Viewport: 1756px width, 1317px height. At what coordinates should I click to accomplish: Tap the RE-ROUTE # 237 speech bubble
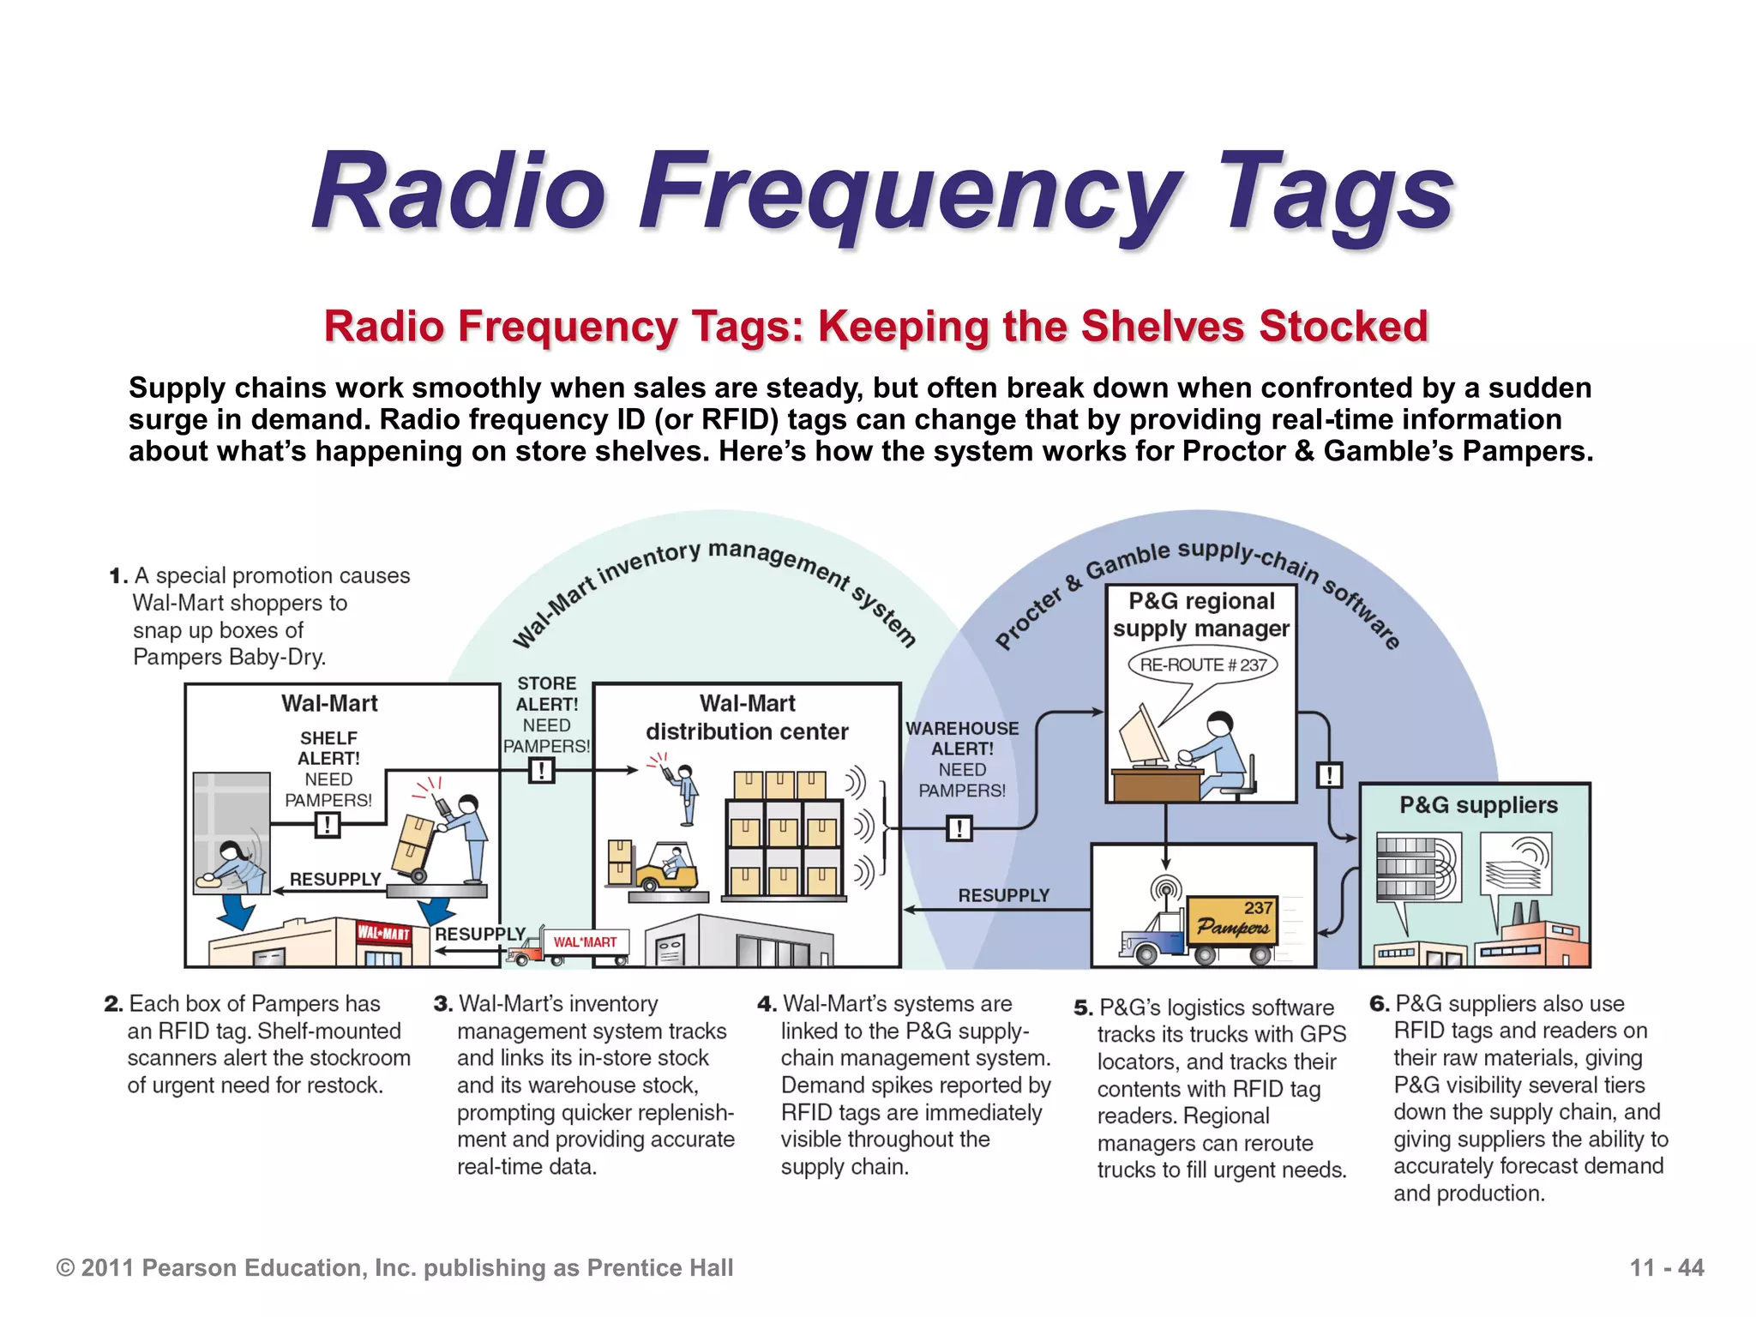pos(1203,665)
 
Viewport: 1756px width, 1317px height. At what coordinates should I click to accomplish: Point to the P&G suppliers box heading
pos(1478,805)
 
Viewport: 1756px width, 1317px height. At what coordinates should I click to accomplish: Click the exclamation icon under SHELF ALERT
pos(328,826)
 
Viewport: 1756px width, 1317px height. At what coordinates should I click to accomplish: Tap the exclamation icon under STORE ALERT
pos(542,771)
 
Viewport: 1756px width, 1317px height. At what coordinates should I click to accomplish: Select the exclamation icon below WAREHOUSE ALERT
pos(959,828)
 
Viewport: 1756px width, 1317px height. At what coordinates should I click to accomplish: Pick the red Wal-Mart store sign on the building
pos(383,933)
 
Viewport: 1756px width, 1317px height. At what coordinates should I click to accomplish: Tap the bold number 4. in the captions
pos(767,1004)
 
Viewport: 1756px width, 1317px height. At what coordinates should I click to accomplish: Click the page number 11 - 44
pos(1666,1267)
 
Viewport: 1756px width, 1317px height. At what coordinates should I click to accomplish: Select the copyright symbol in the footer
pos(65,1268)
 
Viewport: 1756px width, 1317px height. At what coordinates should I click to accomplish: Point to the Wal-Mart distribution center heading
pos(747,718)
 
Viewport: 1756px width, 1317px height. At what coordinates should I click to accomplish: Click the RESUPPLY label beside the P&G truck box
pos(1003,895)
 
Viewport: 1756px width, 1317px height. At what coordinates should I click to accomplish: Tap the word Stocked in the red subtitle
pos(1343,327)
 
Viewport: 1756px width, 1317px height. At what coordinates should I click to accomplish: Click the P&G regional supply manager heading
pos(1200,615)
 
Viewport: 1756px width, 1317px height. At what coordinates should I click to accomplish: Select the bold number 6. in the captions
pos(1379,1004)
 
